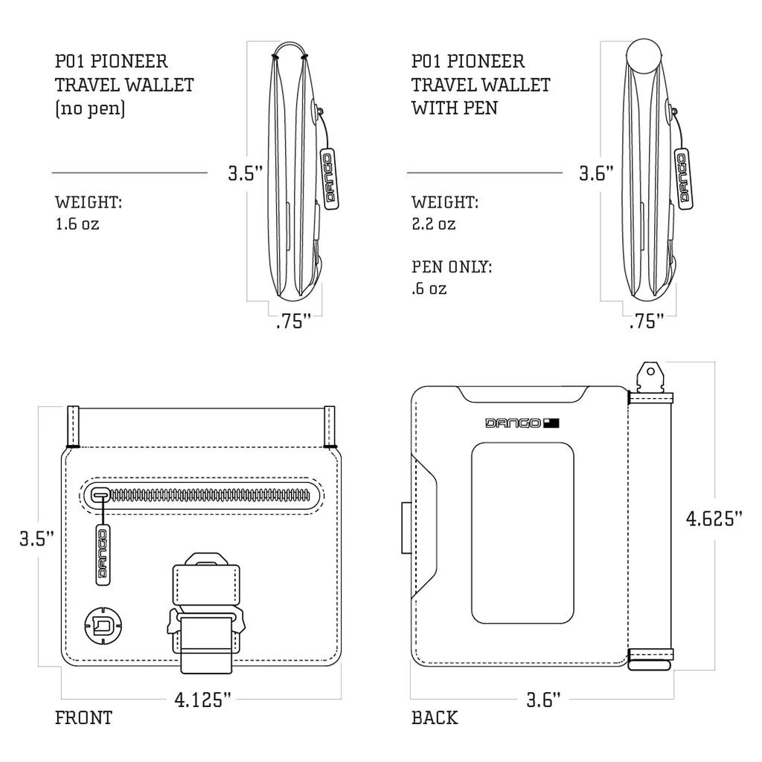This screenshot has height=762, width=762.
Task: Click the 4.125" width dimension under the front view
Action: pyautogui.click(x=203, y=699)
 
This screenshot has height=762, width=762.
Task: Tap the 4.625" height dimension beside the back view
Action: pyautogui.click(x=714, y=518)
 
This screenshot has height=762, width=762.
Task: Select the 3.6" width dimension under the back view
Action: pyautogui.click(x=543, y=699)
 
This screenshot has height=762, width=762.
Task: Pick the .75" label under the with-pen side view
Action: pyautogui.click(x=647, y=322)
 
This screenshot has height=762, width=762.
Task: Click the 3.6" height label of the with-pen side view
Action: pyautogui.click(x=597, y=173)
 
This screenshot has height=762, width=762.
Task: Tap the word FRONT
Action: pyautogui.click(x=83, y=718)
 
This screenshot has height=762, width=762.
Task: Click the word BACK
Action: pyautogui.click(x=435, y=718)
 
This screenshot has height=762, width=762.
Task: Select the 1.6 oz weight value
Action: pyautogui.click(x=77, y=223)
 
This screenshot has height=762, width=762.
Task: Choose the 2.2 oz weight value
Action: pyautogui.click(x=434, y=223)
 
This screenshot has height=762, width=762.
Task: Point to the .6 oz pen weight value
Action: pyautogui.click(x=429, y=288)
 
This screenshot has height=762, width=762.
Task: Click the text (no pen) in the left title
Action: pyautogui.click(x=90, y=108)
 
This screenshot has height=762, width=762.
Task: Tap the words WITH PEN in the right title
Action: pyautogui.click(x=455, y=108)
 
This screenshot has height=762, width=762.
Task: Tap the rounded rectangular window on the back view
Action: pyautogui.click(x=522, y=533)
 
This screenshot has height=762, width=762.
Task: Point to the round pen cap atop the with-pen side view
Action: pyautogui.click(x=644, y=57)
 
